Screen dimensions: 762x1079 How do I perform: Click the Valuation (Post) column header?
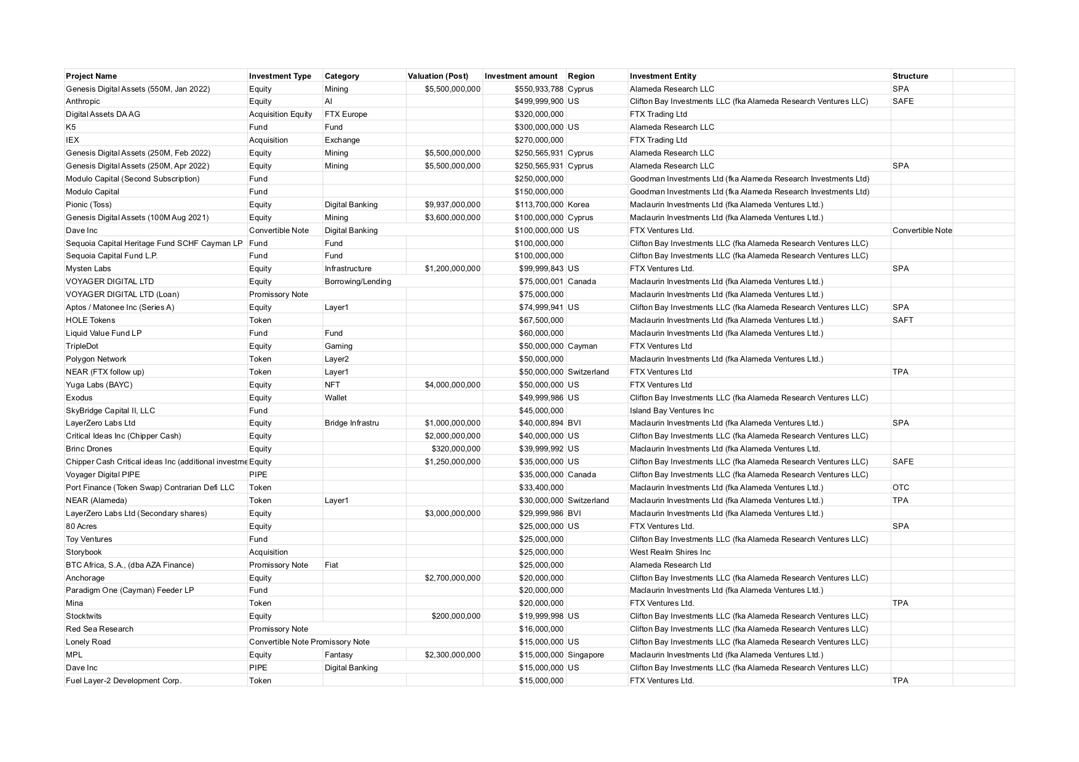click(x=437, y=76)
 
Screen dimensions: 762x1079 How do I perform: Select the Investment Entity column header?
click(x=663, y=76)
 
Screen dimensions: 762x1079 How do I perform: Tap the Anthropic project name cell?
click(x=83, y=101)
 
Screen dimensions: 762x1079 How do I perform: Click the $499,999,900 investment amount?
click(x=539, y=101)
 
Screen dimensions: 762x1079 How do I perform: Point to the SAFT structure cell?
click(x=902, y=320)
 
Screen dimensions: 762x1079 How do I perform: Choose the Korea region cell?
click(x=578, y=205)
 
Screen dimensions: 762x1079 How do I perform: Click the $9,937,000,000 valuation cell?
click(x=452, y=205)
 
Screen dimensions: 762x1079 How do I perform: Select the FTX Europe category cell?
click(x=346, y=114)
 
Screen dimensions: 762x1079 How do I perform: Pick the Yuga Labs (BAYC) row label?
click(x=99, y=385)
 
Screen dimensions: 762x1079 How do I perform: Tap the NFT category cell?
click(x=332, y=385)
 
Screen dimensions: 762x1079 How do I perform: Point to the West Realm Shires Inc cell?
click(x=670, y=552)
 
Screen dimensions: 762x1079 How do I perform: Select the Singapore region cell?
click(x=586, y=655)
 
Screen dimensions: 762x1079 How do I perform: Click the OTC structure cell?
click(x=901, y=488)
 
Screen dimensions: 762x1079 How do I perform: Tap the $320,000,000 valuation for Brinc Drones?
click(x=456, y=449)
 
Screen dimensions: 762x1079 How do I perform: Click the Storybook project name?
click(x=84, y=552)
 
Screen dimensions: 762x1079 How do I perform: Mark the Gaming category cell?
click(x=338, y=346)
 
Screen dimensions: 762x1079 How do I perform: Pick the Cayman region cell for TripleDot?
click(x=582, y=346)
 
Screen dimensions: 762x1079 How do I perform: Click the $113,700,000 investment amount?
click(x=539, y=205)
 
